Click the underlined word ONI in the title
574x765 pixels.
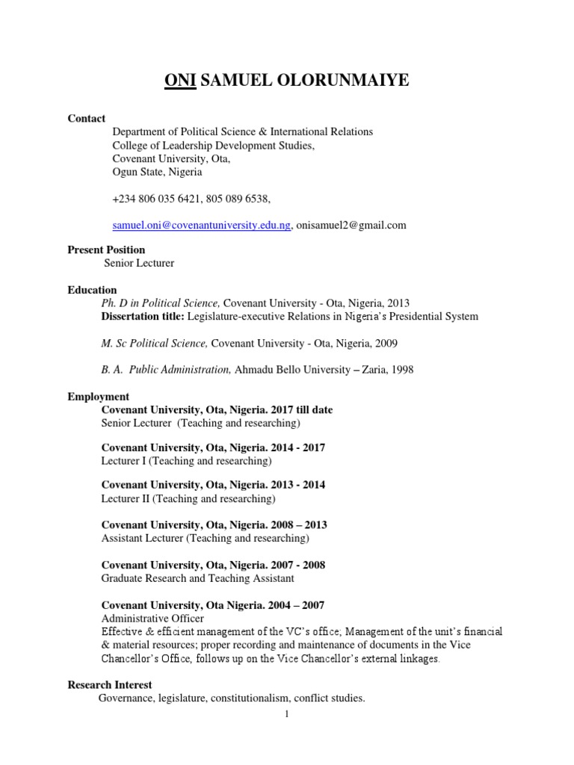click(x=179, y=81)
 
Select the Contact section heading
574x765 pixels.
click(x=87, y=119)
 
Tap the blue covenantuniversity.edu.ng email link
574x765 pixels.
click(x=201, y=225)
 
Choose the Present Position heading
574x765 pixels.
click(x=106, y=250)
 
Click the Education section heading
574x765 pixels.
click(x=92, y=290)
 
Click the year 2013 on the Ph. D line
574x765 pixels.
click(x=398, y=303)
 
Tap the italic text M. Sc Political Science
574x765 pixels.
click(x=154, y=343)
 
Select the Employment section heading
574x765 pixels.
click(x=98, y=397)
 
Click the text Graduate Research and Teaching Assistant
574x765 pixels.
click(x=197, y=578)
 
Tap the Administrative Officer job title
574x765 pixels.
click(x=152, y=619)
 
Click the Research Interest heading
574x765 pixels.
click(x=109, y=684)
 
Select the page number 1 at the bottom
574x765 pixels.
click(x=286, y=714)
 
